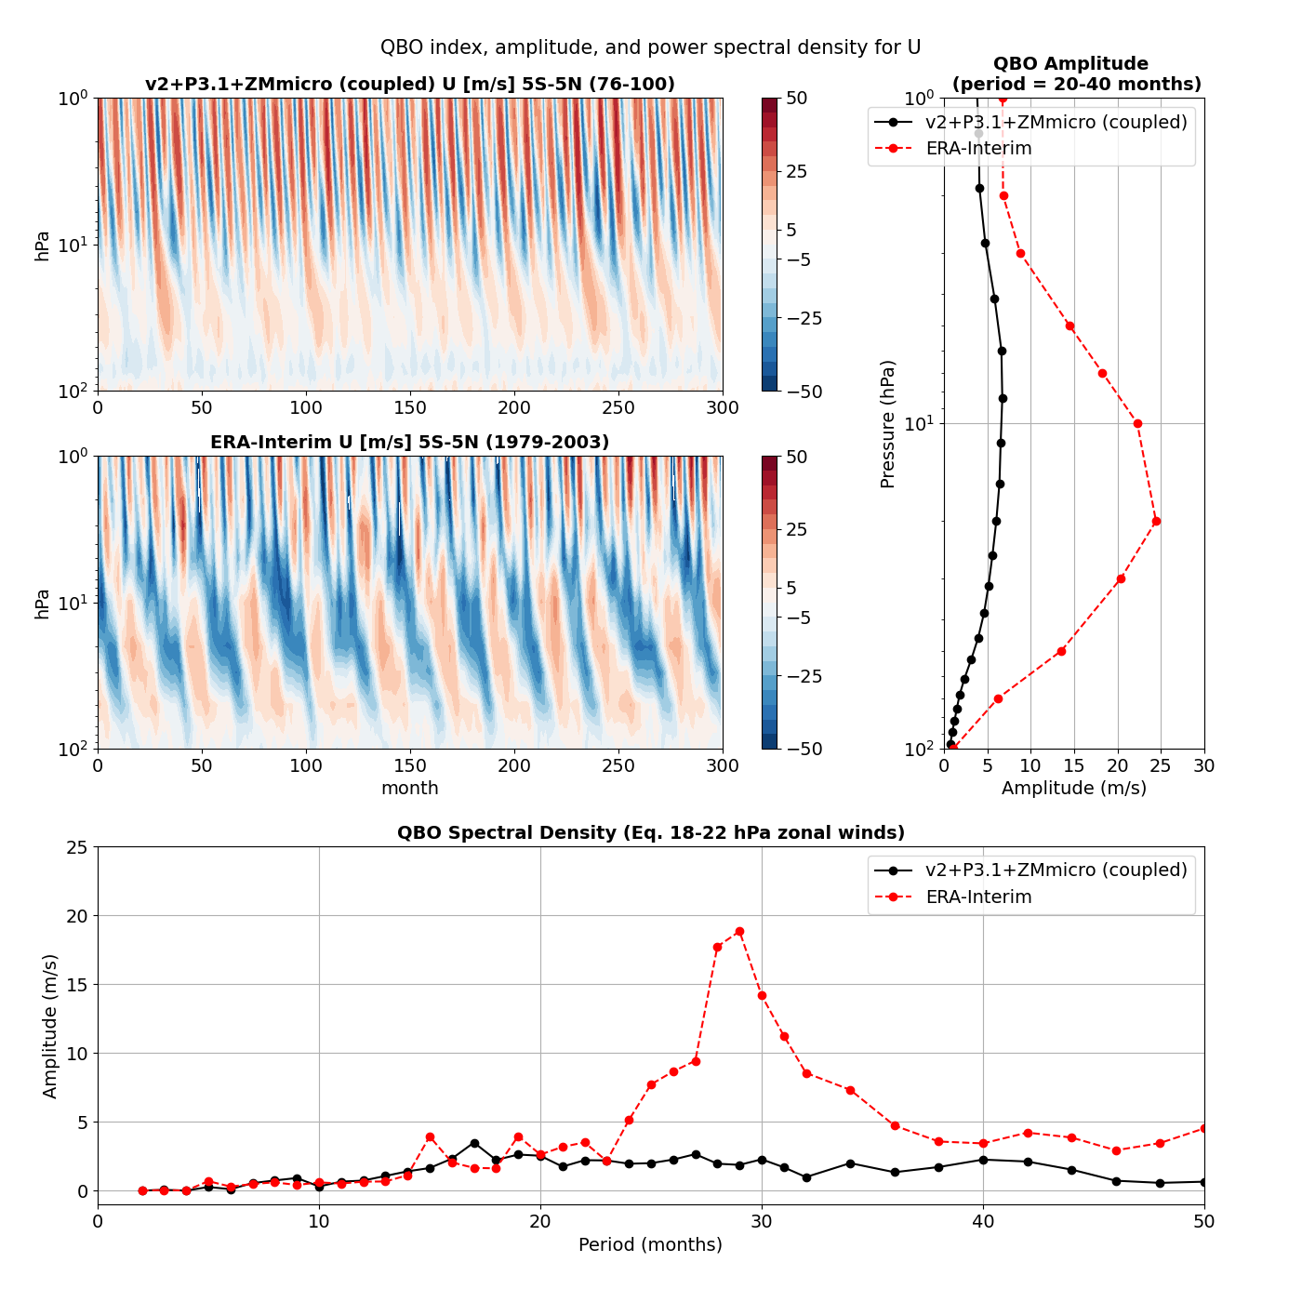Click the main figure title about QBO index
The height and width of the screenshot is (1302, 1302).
[650, 47]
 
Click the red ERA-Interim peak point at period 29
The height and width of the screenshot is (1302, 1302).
[739, 931]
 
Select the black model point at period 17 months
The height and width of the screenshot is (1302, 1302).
[474, 1143]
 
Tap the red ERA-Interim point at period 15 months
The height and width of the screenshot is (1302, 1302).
[430, 1136]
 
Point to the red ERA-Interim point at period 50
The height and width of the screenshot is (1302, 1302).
[1204, 1128]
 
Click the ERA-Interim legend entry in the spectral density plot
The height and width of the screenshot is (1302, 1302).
[978, 897]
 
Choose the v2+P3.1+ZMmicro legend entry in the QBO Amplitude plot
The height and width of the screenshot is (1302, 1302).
[1056, 122]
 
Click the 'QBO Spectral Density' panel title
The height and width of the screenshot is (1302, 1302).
[650, 832]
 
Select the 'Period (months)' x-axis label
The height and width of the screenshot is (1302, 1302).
[650, 1244]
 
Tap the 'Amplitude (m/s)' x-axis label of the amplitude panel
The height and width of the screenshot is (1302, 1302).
[1073, 788]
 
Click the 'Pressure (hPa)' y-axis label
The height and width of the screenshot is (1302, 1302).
[887, 423]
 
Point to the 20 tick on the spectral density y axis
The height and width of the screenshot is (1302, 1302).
[77, 916]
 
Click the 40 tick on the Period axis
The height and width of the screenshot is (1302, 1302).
[983, 1221]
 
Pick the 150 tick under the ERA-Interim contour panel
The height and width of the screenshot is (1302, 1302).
[410, 766]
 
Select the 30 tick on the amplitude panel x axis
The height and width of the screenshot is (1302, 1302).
[1204, 765]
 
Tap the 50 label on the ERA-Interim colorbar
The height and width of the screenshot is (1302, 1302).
[796, 457]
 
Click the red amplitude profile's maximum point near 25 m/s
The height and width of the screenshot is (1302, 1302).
[1156, 521]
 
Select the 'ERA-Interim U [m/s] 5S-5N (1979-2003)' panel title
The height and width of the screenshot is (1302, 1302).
[409, 442]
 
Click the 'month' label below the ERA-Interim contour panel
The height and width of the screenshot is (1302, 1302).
[409, 788]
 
